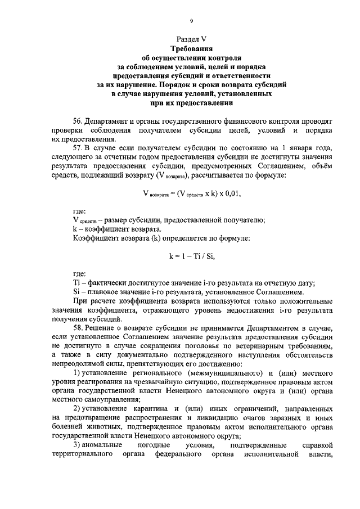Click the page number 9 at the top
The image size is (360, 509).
pyautogui.click(x=191, y=21)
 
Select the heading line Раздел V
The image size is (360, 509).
pyautogui.click(x=191, y=40)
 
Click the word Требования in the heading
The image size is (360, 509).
pyautogui.click(x=191, y=49)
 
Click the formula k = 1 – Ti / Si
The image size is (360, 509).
pyautogui.click(x=191, y=256)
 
